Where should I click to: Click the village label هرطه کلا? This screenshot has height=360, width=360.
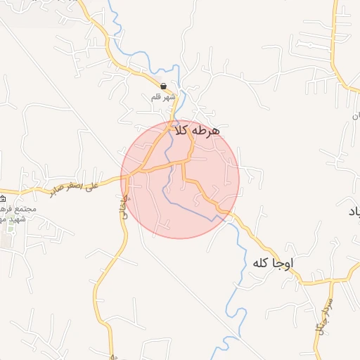[196, 131]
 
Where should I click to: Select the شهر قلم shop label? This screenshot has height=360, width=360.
[163, 97]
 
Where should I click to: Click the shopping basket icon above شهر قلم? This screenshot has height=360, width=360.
[163, 86]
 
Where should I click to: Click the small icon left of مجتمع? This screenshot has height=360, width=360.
[3, 199]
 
